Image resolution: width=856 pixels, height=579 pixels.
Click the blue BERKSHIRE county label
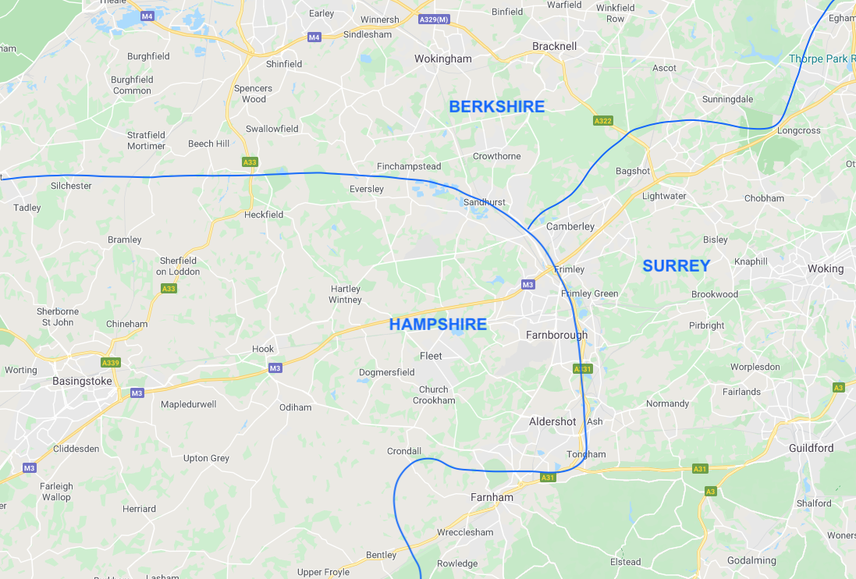click(496, 107)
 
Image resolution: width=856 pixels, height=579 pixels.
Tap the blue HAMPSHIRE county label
click(438, 324)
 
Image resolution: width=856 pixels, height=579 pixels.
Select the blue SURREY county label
click(676, 266)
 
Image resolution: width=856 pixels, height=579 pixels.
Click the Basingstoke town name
click(83, 381)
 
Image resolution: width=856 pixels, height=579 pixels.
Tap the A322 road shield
click(602, 121)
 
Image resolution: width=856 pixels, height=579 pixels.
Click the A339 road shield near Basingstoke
click(111, 363)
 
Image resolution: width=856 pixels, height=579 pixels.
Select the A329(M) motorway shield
click(434, 19)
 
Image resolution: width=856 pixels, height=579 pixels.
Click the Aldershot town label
click(552, 421)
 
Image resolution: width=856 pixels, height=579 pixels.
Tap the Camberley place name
click(570, 226)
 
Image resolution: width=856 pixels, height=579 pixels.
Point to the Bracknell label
click(554, 46)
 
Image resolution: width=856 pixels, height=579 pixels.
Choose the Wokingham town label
click(443, 59)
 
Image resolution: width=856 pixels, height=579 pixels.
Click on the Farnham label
click(492, 497)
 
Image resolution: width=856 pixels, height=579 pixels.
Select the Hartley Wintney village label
click(345, 294)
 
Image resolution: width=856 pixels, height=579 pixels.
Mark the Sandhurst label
click(484, 202)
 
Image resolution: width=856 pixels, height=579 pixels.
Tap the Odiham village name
click(295, 407)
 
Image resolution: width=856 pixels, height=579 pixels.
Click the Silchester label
click(71, 186)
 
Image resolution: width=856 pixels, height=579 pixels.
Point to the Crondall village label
click(404, 451)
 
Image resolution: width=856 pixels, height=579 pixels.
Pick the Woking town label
click(825, 268)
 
